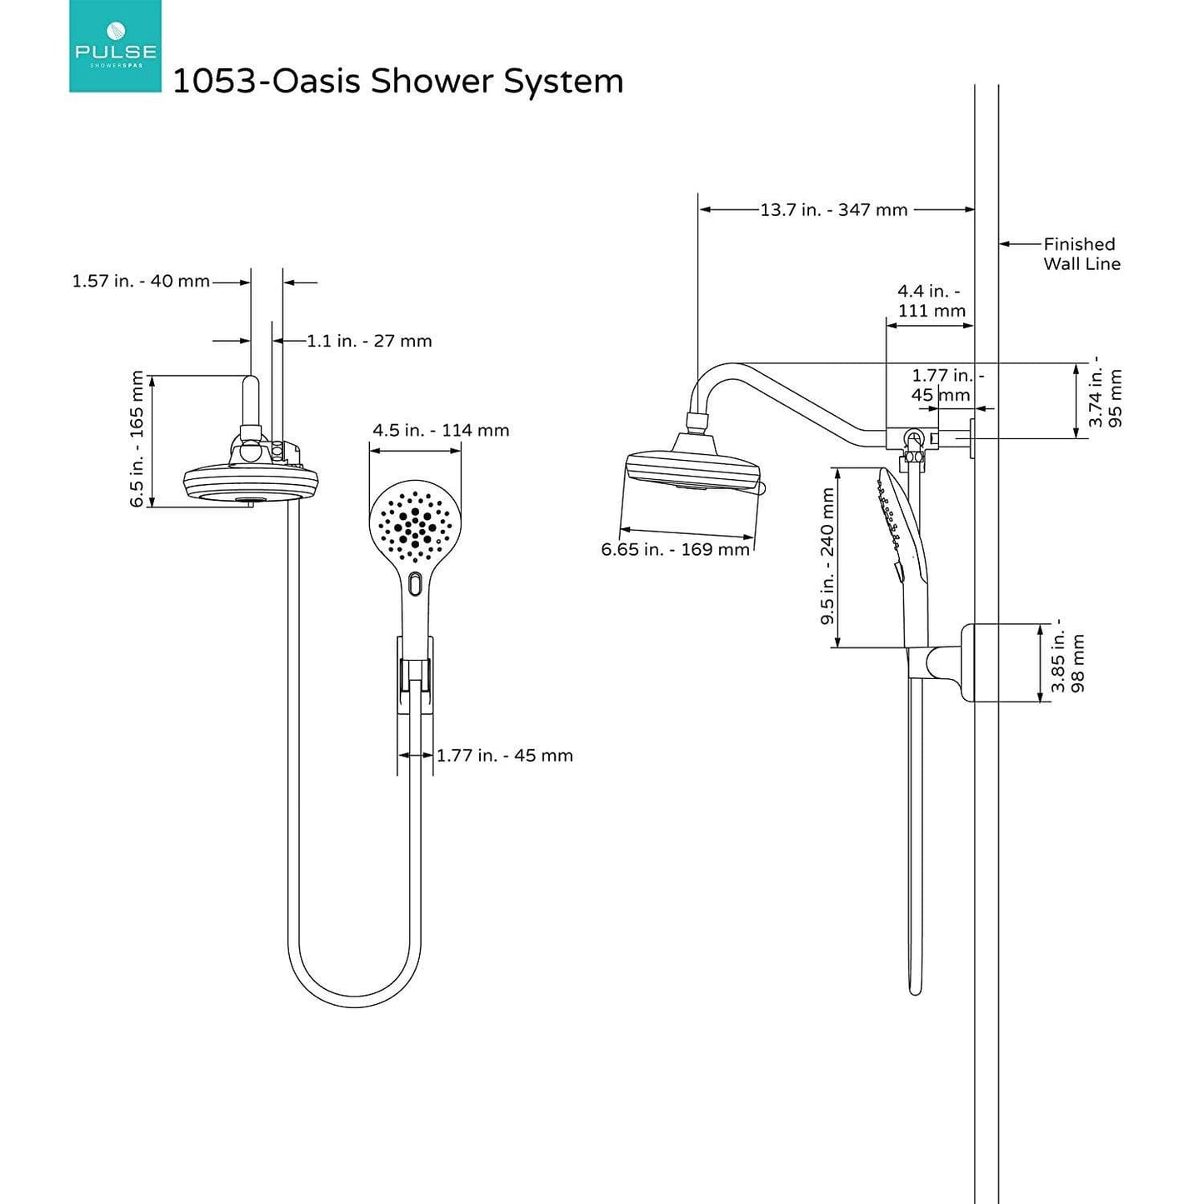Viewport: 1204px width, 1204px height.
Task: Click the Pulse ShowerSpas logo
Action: [x=115, y=47]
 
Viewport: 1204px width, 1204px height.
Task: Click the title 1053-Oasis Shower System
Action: [x=397, y=82]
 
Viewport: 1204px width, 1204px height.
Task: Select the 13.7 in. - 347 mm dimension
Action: [x=833, y=210]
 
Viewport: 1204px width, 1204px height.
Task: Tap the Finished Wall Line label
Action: [x=1081, y=254]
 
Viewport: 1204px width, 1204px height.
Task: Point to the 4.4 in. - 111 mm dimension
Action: [x=931, y=301]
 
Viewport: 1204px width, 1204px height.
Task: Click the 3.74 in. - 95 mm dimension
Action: [x=1106, y=398]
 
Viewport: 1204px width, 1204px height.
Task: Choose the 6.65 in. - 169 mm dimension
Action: [x=675, y=550]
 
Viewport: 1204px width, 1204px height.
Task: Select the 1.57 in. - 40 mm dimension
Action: [x=141, y=282]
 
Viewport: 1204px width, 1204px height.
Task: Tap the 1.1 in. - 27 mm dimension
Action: [x=369, y=341]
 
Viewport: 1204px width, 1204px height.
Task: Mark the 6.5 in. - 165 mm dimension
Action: [x=137, y=439]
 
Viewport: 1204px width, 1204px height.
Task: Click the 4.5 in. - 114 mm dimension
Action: [x=440, y=431]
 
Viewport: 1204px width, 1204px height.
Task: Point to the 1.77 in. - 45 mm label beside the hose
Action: [x=504, y=756]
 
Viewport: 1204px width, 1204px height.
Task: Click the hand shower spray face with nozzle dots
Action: [x=414, y=525]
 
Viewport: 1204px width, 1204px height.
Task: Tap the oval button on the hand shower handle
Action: [x=416, y=584]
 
